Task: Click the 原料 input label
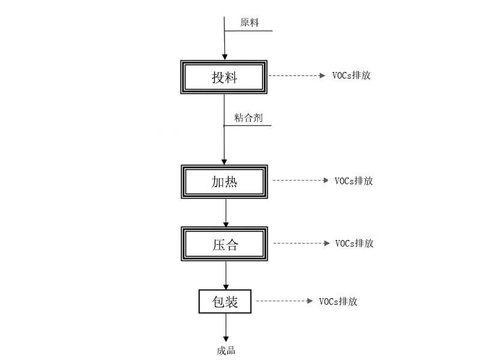tap(250, 22)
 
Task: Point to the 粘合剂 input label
tap(248, 118)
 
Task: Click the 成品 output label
tap(226, 351)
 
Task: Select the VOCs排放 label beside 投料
tap(352, 76)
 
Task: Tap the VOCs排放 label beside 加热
tap(354, 181)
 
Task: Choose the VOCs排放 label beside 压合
tap(355, 244)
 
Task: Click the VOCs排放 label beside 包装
tap(338, 302)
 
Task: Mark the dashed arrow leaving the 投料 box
tap(296, 76)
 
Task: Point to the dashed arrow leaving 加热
tap(301, 181)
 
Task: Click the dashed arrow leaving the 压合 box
tap(302, 244)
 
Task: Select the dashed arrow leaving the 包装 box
tap(284, 301)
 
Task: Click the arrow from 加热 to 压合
tap(226, 213)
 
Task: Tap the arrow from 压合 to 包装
tap(226, 275)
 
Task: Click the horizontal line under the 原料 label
tap(248, 31)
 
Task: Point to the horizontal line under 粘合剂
tap(248, 125)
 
